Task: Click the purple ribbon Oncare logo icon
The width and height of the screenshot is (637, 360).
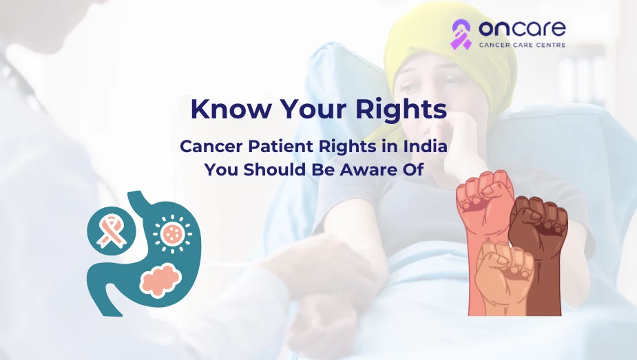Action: click(461, 34)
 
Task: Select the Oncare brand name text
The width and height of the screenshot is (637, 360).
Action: click(522, 29)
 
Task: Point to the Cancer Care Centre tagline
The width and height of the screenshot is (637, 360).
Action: click(522, 45)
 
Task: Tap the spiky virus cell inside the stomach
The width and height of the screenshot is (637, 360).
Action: click(173, 234)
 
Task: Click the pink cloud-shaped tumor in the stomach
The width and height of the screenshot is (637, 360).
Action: click(160, 279)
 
